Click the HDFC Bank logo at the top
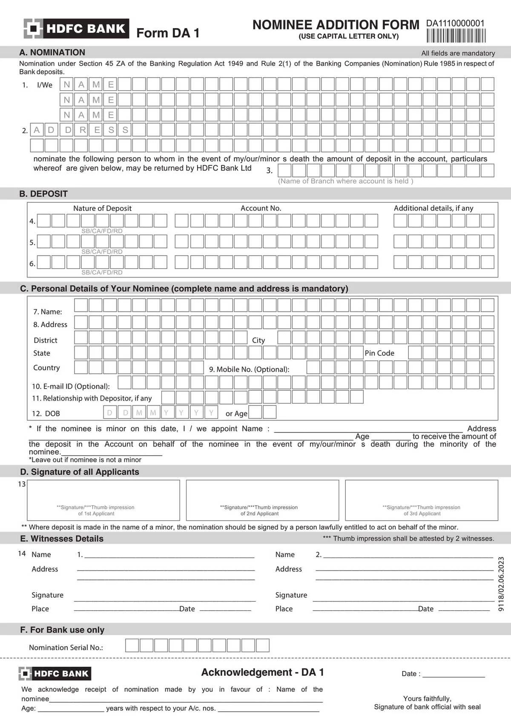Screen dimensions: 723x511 coord(76,29)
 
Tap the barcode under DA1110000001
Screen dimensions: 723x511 coord(456,36)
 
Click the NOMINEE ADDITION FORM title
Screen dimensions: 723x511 coord(336,25)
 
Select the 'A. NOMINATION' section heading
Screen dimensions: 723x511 coord(52,52)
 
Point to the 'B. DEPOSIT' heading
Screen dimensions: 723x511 coord(43,194)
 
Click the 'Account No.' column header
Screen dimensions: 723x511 coord(261,208)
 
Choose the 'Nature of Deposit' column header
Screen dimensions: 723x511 coord(102,208)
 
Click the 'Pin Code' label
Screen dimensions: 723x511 coord(379,353)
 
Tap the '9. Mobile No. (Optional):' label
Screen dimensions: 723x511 coord(249,369)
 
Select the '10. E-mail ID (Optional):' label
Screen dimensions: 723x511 coord(71,386)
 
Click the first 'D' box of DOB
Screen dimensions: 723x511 coord(110,412)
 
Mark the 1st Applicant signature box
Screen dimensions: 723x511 coord(103,500)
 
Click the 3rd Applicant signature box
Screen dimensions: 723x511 coord(422,500)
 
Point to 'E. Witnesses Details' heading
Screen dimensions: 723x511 coord(62,539)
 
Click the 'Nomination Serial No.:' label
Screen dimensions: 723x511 coord(66,648)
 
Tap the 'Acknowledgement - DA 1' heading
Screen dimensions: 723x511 coord(262,672)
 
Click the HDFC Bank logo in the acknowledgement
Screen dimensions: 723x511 coord(55,674)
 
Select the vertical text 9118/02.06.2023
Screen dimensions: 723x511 coord(501,584)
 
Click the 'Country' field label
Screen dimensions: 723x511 coord(46,368)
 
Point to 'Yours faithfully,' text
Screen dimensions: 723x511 coord(427,698)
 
